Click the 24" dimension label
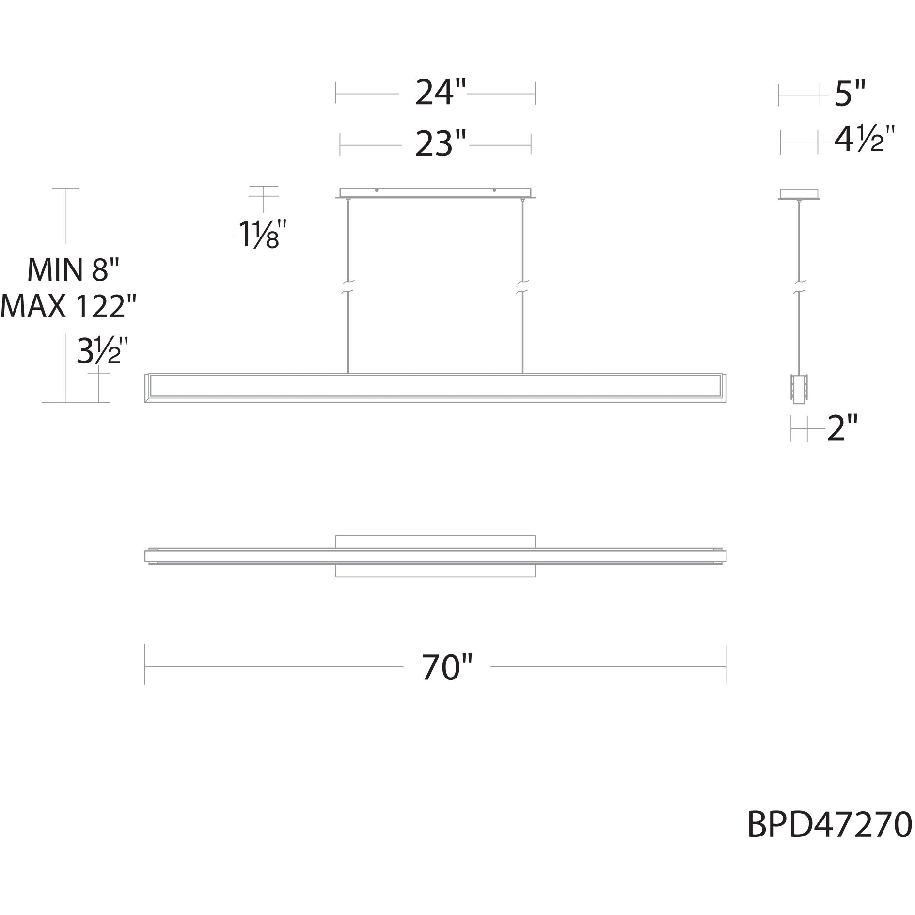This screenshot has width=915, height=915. click(440, 93)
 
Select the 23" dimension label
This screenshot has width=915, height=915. click(440, 144)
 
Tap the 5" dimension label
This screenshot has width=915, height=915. click(850, 94)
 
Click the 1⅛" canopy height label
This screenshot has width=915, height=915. click(259, 235)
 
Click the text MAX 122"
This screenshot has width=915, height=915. click(68, 306)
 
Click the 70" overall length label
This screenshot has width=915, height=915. click(446, 667)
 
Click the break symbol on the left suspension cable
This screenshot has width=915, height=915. click(348, 286)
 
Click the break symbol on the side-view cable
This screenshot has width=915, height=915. click(799, 286)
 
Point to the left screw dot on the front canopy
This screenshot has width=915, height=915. click(377, 190)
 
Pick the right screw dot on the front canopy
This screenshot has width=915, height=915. click(494, 190)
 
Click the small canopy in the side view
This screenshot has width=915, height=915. click(799, 194)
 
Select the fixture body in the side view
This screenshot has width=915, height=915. click(799, 388)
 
